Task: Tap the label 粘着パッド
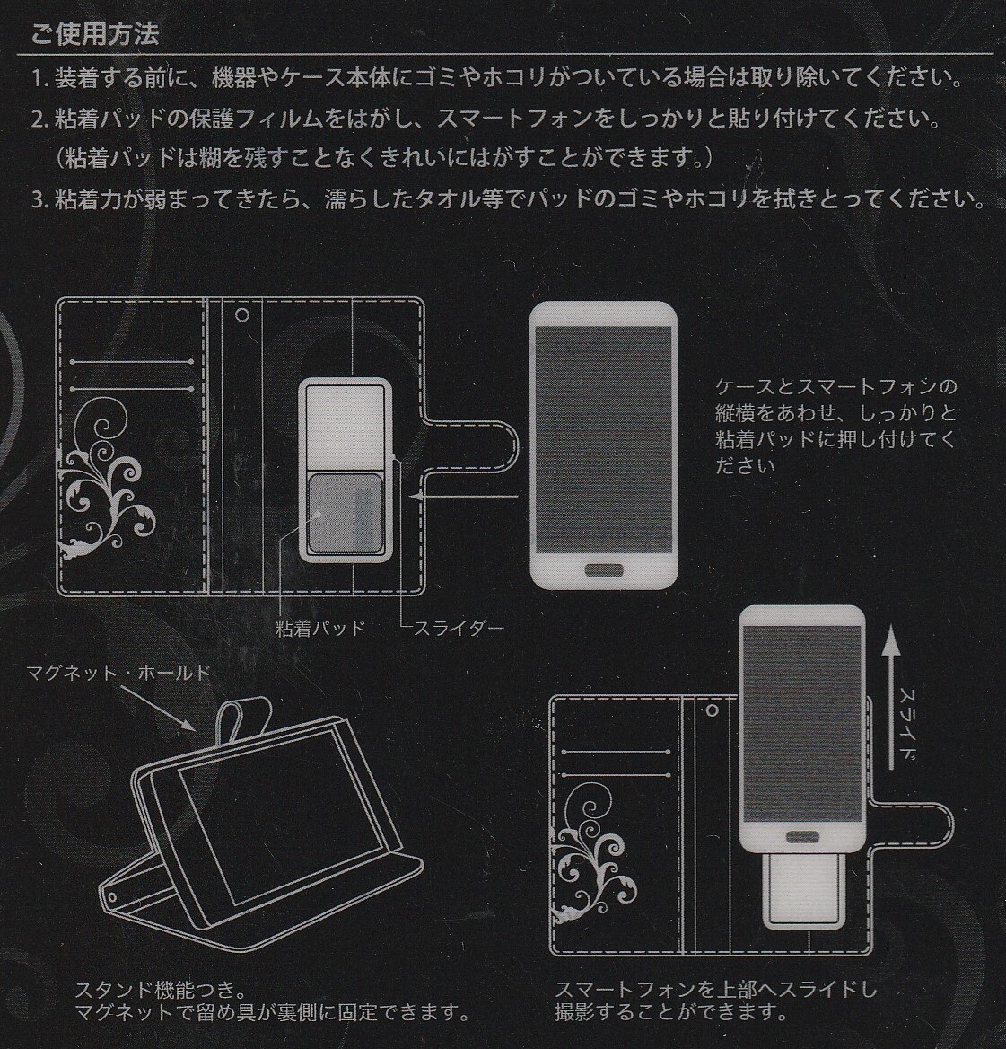[x=320, y=627]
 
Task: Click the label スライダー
[x=458, y=627]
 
